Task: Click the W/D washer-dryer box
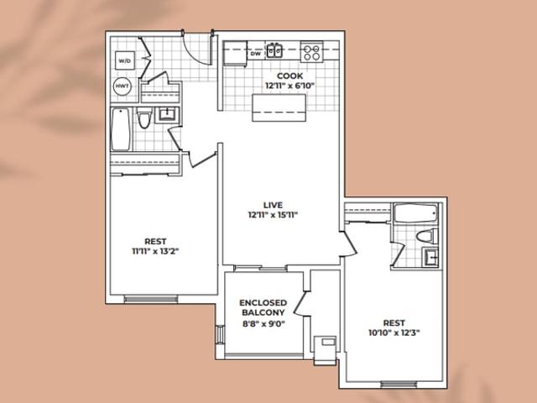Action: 124,60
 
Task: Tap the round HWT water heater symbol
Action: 122,86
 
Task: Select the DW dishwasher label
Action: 255,54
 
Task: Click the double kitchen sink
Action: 274,50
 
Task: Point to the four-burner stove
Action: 311,52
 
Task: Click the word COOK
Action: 289,76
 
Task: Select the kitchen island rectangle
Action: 279,107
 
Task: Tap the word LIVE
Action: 273,205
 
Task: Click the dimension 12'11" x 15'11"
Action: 273,215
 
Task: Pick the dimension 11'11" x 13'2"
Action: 155,252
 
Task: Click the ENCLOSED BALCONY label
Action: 263,308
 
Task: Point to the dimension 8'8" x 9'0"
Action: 263,323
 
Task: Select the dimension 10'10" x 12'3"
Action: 394,332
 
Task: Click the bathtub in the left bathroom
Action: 121,129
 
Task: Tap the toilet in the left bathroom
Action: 143,118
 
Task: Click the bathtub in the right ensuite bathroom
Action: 416,213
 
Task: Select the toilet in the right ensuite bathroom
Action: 427,236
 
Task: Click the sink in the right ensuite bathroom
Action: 430,257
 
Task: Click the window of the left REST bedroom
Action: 151,299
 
